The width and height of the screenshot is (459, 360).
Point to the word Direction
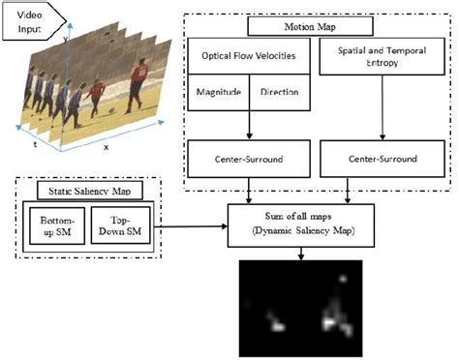(x=279, y=92)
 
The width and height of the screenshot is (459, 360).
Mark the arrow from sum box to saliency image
(x=303, y=254)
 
